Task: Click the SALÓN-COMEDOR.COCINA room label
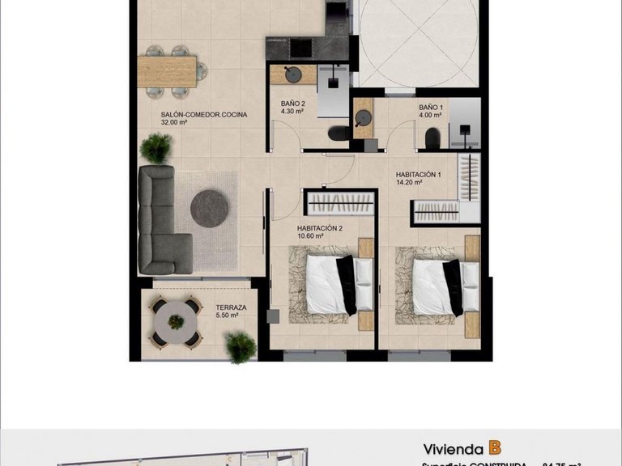tap(203, 114)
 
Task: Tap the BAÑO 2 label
tap(293, 104)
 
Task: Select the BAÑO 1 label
tap(430, 107)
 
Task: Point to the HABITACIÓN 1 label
tap(418, 174)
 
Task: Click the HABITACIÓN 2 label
tap(320, 228)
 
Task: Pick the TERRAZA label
tap(231, 307)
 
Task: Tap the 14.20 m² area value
tap(411, 183)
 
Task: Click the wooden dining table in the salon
tap(167, 70)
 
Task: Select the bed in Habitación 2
tap(332, 286)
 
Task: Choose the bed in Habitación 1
tap(437, 286)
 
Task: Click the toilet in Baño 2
tap(338, 133)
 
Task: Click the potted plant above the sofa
tap(155, 148)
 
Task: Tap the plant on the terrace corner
tap(241, 346)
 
